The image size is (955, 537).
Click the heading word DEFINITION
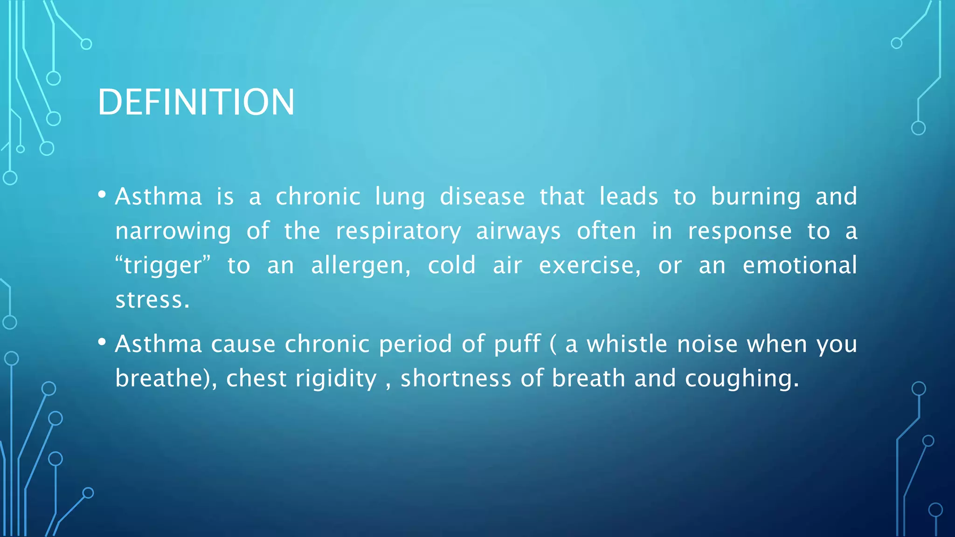tap(196, 102)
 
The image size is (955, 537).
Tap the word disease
tap(482, 196)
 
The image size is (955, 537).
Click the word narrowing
tap(173, 232)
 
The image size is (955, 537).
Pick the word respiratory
tap(398, 232)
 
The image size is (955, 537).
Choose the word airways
tap(518, 232)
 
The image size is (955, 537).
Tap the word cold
tap(451, 265)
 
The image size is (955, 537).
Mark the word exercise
tap(589, 265)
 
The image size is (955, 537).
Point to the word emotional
tap(800, 265)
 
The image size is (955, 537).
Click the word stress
tap(152, 300)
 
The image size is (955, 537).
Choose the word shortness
tap(456, 378)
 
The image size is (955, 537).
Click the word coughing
tap(741, 379)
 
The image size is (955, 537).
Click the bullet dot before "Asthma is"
tap(102, 194)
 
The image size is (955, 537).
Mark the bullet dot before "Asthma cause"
tap(102, 342)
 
